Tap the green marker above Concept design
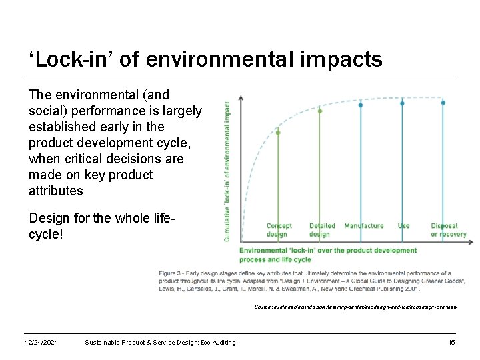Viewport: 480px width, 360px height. point(278,132)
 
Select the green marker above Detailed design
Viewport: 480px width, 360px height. point(320,111)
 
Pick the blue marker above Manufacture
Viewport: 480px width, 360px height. point(361,105)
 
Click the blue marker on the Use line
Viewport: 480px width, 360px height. point(402,103)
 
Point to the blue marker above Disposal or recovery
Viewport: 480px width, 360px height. point(443,103)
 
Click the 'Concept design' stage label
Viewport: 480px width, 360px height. point(279,230)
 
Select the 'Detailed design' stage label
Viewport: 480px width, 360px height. point(322,230)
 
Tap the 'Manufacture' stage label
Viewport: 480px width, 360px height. point(364,226)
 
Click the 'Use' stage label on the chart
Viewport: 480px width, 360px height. point(403,226)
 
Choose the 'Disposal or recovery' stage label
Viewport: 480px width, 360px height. point(448,230)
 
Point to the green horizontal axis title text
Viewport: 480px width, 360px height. point(328,255)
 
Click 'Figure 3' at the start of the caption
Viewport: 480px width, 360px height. point(171,273)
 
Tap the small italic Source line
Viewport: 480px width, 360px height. point(355,307)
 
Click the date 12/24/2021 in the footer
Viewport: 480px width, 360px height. point(41,342)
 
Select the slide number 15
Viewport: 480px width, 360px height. point(451,342)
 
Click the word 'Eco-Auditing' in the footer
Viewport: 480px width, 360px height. point(215,342)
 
